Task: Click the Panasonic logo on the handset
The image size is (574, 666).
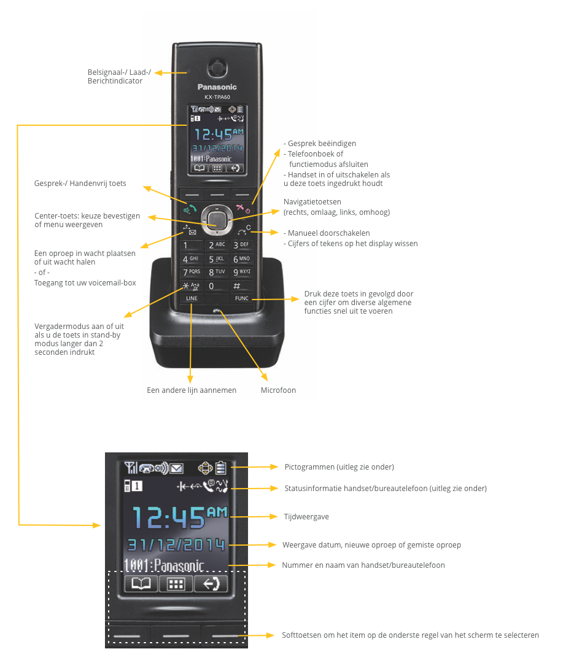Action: [x=217, y=87]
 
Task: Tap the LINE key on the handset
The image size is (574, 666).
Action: [x=192, y=298]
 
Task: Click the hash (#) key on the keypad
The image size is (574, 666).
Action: [x=236, y=286]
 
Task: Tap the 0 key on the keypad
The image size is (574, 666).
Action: [x=212, y=286]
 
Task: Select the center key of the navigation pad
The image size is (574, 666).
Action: [x=215, y=218]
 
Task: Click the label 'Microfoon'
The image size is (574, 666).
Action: [x=278, y=390]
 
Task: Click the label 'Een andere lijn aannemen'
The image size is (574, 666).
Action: [x=192, y=390]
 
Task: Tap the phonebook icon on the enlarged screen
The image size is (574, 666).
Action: [x=141, y=584]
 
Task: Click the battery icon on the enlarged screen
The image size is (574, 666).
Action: [x=221, y=468]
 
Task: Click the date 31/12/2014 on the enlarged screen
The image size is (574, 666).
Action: [x=176, y=544]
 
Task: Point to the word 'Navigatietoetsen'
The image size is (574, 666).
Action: [x=312, y=202]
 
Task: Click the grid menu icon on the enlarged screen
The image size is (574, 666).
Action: [x=176, y=584]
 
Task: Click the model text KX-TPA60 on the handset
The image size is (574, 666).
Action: [x=217, y=98]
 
